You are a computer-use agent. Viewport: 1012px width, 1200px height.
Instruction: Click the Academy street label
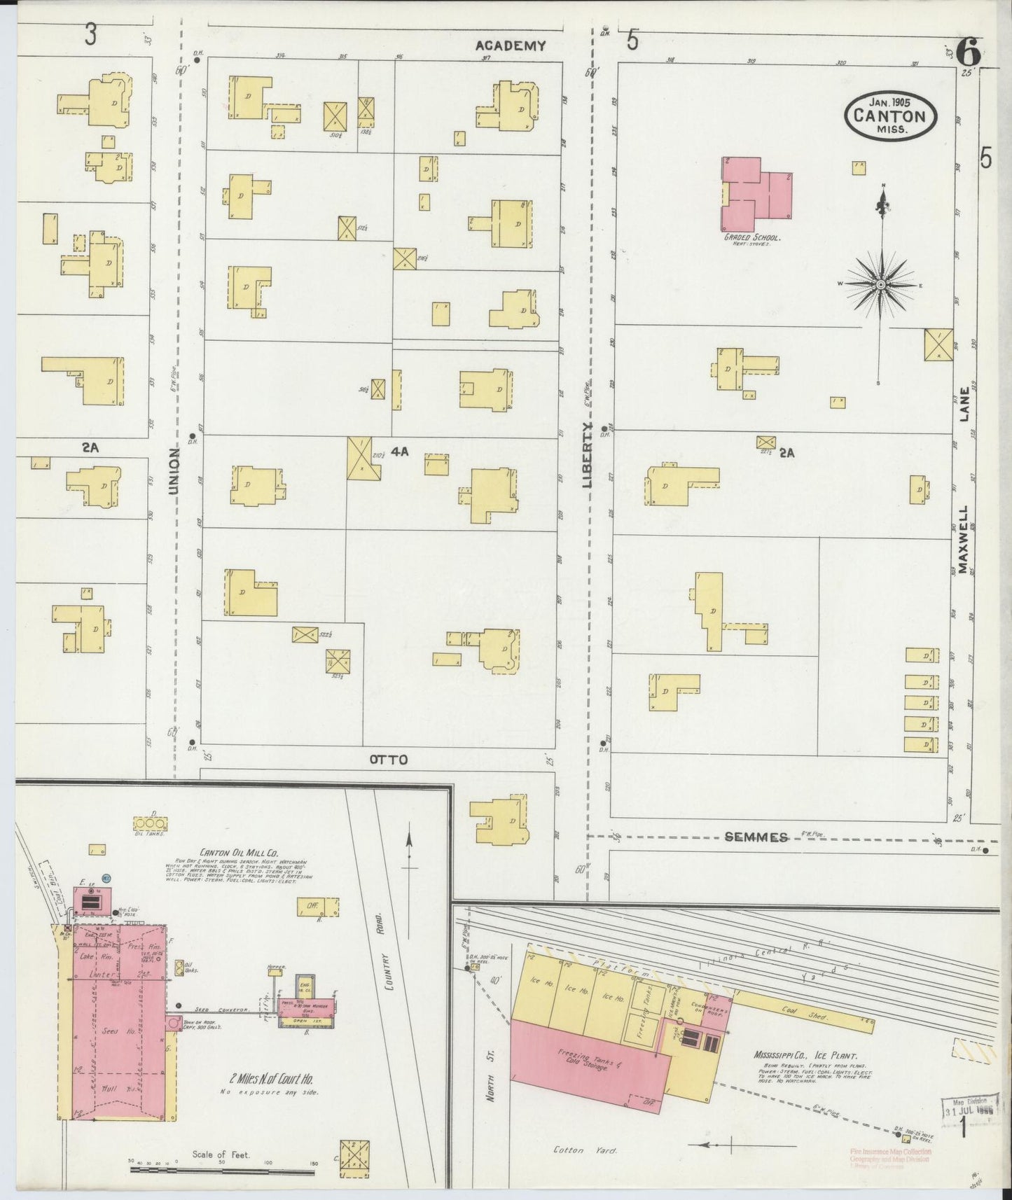tap(510, 46)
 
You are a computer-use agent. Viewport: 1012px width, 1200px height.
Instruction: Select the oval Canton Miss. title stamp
tap(891, 117)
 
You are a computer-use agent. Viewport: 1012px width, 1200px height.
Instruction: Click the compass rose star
tap(880, 284)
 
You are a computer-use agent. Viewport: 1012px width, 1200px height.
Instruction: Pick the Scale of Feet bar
tap(222, 1167)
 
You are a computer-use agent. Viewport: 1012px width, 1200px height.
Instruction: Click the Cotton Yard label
tap(569, 1150)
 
